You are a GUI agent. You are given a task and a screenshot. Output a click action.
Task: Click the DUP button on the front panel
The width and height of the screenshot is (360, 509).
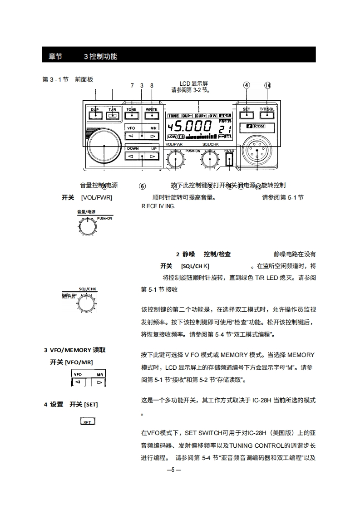tap(95, 115)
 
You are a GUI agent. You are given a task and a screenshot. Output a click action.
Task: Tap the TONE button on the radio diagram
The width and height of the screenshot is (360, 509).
tap(132, 115)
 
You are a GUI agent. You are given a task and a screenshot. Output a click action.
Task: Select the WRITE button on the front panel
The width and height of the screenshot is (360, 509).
tap(151, 115)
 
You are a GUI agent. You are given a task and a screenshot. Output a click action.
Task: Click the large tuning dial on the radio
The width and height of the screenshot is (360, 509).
tap(104, 145)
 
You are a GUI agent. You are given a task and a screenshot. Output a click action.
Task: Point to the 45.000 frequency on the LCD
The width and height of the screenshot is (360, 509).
tap(189, 127)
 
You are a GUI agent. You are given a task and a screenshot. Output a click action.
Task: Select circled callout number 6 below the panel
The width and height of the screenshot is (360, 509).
tap(142, 186)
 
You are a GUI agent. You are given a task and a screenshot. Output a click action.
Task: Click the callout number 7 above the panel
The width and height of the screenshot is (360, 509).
tap(132, 85)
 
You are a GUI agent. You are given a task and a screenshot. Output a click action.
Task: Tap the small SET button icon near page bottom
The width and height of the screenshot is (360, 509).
tap(88, 421)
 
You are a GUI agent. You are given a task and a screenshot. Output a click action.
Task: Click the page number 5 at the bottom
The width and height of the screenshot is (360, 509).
tap(173, 470)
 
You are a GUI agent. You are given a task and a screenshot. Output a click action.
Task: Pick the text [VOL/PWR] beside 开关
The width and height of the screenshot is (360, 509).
tap(96, 198)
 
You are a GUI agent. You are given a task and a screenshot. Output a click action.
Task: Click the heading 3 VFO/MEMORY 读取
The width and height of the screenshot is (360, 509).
tap(75, 350)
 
